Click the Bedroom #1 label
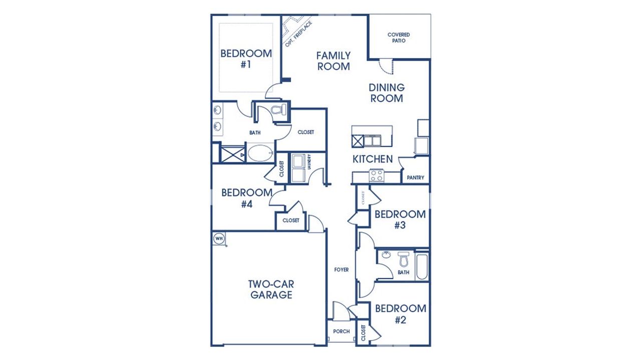[246, 59]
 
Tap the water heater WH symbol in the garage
[219, 239]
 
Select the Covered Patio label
[399, 38]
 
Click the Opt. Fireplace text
[299, 34]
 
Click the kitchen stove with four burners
[376, 176]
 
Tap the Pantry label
[416, 177]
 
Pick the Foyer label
[342, 270]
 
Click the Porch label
[341, 331]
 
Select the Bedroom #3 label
[400, 219]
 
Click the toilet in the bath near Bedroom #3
[404, 260]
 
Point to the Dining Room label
[387, 93]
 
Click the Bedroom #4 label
[246, 198]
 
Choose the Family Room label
[333, 61]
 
